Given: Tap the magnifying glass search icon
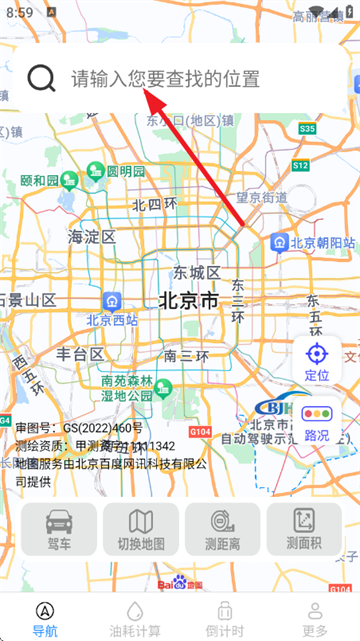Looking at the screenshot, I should [41, 78].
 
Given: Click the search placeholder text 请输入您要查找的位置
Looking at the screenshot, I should [165, 79].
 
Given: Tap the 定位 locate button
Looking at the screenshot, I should [316, 361].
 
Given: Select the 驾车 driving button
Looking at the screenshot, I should [59, 529].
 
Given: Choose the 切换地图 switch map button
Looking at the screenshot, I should [141, 529].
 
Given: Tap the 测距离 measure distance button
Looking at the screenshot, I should [222, 529].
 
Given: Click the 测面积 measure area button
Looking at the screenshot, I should [304, 529].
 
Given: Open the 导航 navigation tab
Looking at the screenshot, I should [45, 617].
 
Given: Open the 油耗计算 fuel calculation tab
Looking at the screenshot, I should [134, 617].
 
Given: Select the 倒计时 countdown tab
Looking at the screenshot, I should [225, 617].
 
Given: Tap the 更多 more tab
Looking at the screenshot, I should [315, 617].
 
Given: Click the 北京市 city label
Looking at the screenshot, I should [188, 300].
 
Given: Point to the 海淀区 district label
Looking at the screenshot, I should [92, 237].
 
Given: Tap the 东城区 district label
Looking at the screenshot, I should [196, 272].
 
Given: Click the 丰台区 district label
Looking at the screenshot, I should [80, 354].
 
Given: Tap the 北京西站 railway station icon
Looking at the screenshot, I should [113, 300].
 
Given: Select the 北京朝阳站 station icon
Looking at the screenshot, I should [281, 242].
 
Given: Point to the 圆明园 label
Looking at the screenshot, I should [126, 171].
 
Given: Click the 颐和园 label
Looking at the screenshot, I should [39, 181].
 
